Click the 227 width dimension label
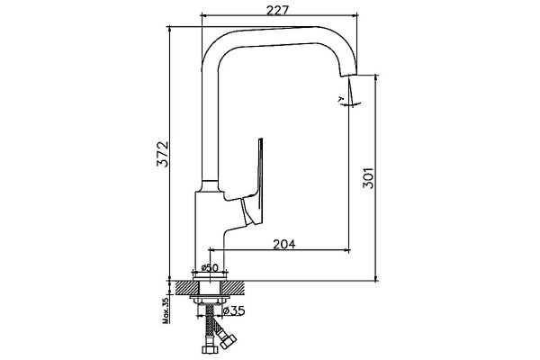(277, 10)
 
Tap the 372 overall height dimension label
(163, 154)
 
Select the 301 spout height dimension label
(368, 178)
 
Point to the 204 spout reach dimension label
(284, 244)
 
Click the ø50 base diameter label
(211, 267)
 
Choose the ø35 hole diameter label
(234, 311)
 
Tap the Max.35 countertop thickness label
(166, 311)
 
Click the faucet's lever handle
(253, 183)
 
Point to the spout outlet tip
(348, 75)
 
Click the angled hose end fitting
(229, 341)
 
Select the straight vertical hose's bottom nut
(210, 348)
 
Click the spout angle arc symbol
(349, 103)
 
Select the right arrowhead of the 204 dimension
(346, 250)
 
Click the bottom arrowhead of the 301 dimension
(375, 278)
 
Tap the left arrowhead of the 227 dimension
(204, 15)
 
